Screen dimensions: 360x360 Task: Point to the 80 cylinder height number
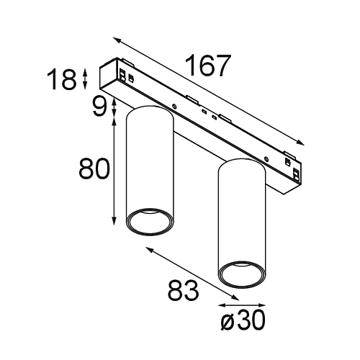pyautogui.click(x=93, y=169)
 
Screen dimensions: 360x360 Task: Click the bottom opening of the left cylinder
pyautogui.click(x=150, y=221)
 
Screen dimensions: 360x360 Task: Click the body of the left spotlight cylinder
pyautogui.click(x=150, y=166)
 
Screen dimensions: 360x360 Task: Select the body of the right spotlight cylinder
pyautogui.click(x=243, y=216)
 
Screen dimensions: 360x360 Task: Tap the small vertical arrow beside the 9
pyautogui.click(x=114, y=108)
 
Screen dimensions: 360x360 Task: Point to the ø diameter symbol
pyautogui.click(x=224, y=321)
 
